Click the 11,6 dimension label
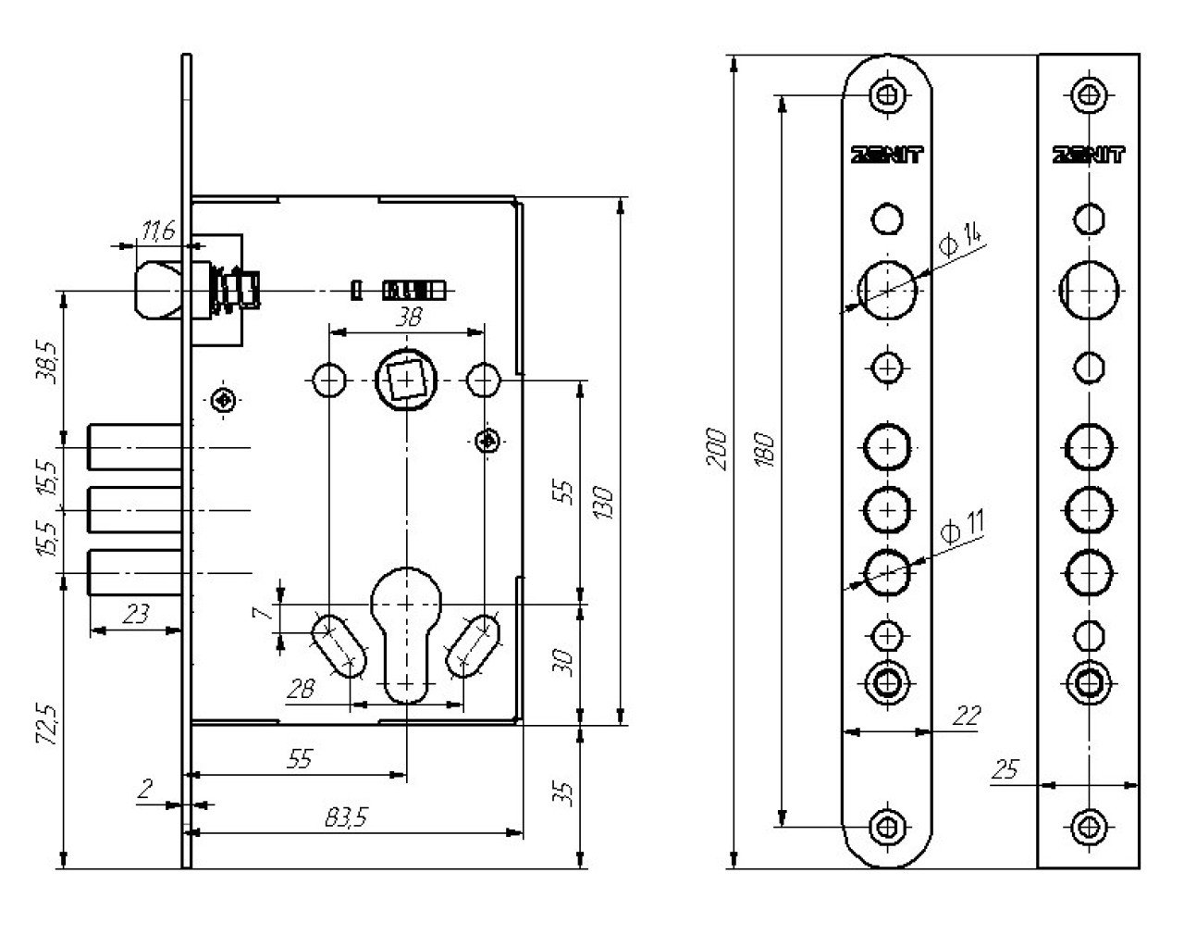tap(158, 231)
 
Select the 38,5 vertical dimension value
tap(47, 362)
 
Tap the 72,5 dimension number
tap(47, 724)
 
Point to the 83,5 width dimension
tap(346, 817)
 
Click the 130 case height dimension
tap(603, 503)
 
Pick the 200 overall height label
tap(716, 449)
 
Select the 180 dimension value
tap(765, 450)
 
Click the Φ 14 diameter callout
tap(960, 240)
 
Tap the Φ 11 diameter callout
tap(962, 527)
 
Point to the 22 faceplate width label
tap(967, 716)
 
